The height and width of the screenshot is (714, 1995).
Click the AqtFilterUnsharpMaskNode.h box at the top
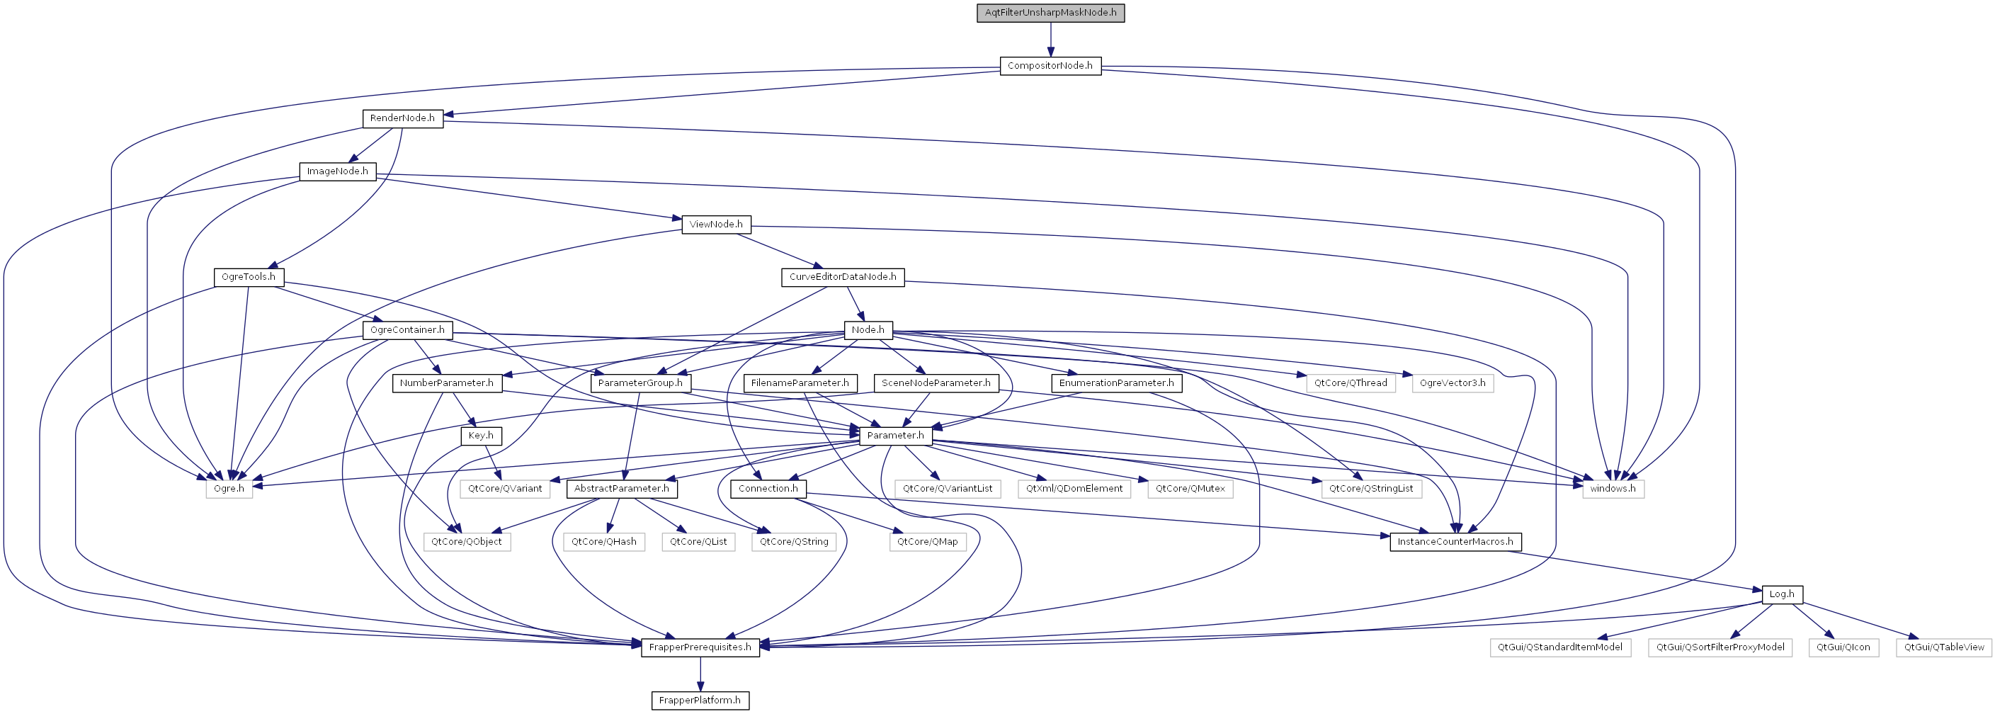point(1050,12)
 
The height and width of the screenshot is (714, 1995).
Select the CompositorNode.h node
point(1050,66)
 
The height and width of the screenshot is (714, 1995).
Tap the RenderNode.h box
point(402,118)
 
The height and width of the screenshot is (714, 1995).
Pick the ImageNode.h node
point(338,171)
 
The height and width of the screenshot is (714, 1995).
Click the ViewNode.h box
point(715,225)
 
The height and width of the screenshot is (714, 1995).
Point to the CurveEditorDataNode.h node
point(843,277)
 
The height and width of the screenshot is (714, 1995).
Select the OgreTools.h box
point(249,277)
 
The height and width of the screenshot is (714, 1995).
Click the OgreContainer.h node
point(407,330)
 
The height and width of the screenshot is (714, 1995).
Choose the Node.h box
point(868,330)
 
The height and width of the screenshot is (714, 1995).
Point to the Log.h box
point(1781,595)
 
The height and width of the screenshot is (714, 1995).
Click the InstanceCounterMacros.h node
point(1455,542)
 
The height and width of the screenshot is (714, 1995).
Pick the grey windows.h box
point(1613,489)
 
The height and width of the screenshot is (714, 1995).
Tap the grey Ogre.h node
point(229,489)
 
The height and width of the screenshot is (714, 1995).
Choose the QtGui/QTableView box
point(1944,647)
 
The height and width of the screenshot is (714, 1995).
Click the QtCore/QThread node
point(1351,383)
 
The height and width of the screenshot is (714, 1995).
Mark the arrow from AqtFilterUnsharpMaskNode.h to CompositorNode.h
point(1050,40)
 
